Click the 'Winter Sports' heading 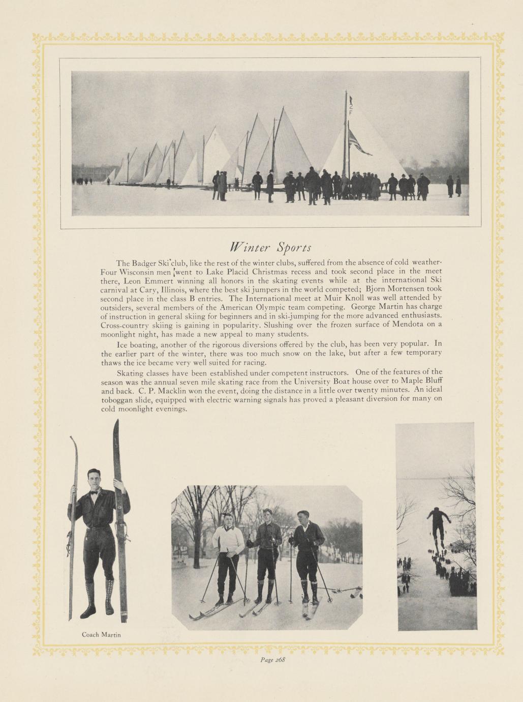pyautogui.click(x=270, y=248)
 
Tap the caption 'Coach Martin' pyautogui.click(x=101, y=634)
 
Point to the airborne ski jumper pyautogui.click(x=438, y=524)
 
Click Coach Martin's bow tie pyautogui.click(x=94, y=492)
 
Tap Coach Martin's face pyautogui.click(x=94, y=479)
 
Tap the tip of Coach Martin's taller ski pyautogui.click(x=117, y=421)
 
